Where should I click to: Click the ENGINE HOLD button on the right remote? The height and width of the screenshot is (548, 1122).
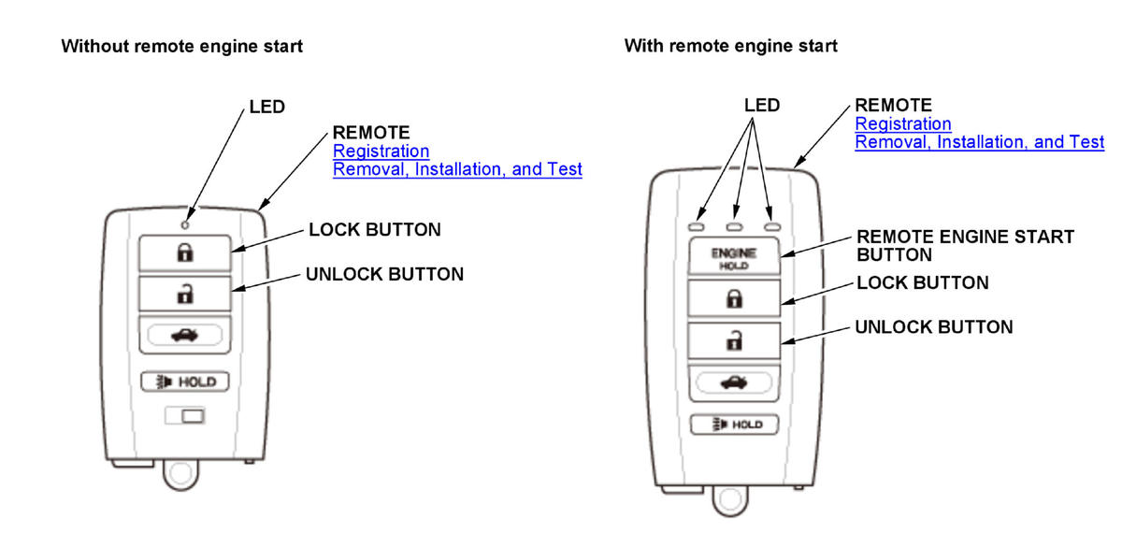pos(734,258)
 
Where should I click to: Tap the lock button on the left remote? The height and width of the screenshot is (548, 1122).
pos(185,252)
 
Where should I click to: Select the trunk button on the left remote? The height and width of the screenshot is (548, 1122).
pos(185,336)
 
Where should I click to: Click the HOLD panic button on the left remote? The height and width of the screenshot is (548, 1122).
pos(185,382)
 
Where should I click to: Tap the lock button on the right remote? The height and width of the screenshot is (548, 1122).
pos(734,299)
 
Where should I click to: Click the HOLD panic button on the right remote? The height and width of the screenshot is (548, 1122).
pos(734,425)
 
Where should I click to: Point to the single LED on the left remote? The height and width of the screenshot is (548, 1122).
pos(185,224)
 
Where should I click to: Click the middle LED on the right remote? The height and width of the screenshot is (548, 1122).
pos(734,226)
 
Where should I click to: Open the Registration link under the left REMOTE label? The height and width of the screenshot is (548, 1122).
pos(381,151)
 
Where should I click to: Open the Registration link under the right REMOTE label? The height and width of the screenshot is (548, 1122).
pos(903,123)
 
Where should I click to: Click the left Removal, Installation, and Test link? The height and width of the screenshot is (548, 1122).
pos(457,169)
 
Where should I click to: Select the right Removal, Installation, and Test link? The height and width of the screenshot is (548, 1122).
pos(980,142)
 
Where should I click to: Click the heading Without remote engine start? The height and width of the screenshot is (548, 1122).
pos(181,46)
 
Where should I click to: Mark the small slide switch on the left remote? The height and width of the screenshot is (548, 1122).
pos(185,415)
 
